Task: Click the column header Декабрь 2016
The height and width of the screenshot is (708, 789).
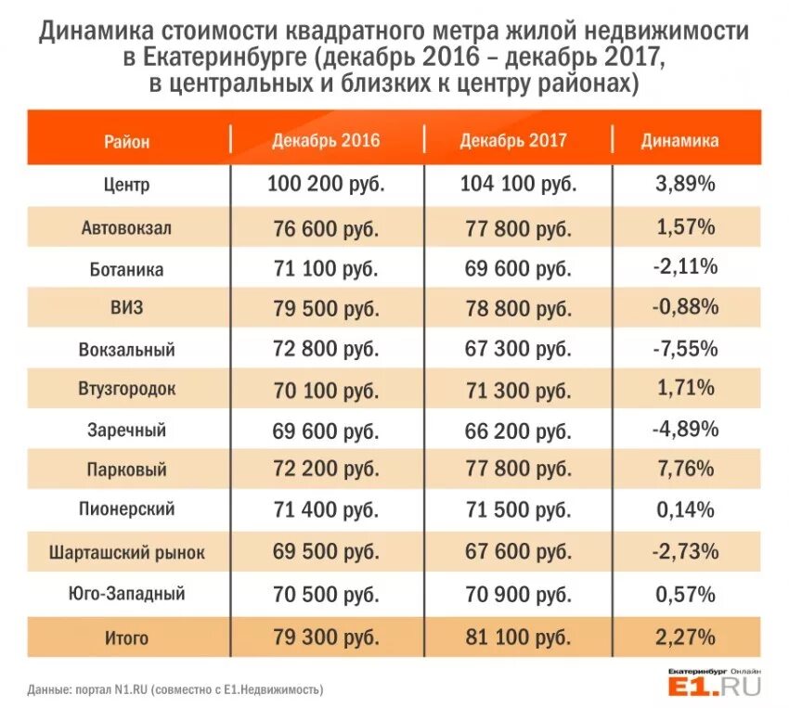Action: (x=326, y=142)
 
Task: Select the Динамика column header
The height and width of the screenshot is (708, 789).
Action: (x=679, y=142)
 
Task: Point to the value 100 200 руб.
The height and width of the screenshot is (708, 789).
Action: (x=326, y=185)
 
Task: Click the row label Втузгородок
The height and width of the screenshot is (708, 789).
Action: (x=127, y=391)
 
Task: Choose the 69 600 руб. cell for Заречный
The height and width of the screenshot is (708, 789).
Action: (x=326, y=430)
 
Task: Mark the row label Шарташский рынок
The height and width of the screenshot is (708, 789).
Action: (x=127, y=553)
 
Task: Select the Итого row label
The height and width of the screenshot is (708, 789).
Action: (x=127, y=638)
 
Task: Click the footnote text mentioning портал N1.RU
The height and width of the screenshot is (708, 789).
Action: (x=175, y=689)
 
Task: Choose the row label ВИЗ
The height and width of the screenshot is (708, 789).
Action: (x=127, y=309)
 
